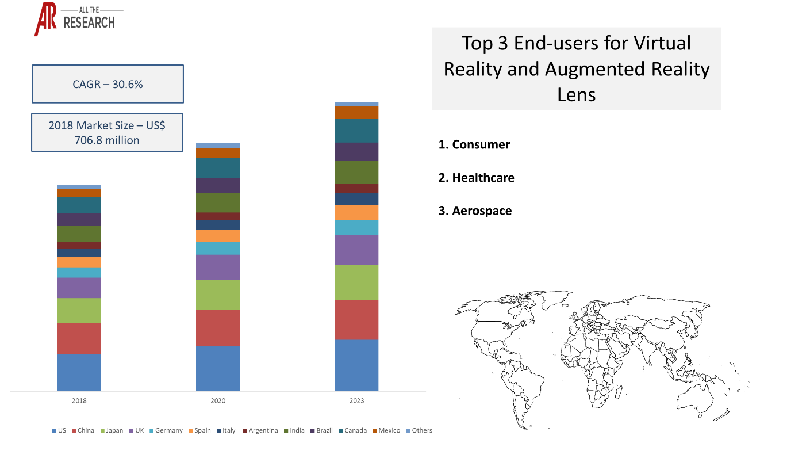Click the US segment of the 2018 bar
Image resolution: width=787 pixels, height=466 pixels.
79,372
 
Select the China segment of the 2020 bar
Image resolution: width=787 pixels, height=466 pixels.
218,327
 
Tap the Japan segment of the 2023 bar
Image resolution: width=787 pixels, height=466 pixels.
356,282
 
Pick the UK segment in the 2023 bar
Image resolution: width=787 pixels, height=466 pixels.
356,249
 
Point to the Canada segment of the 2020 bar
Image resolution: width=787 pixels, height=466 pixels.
218,168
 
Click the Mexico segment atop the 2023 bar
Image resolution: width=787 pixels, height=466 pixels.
356,112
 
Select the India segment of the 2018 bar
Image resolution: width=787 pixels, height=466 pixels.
79,234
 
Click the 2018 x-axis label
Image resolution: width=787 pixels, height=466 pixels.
79,400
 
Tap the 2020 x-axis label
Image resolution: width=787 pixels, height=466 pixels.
218,400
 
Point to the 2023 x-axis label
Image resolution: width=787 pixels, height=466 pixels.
356,400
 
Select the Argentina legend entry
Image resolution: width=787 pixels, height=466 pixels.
260,430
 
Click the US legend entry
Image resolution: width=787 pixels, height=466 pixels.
59,430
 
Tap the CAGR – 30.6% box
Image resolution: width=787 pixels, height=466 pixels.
108,84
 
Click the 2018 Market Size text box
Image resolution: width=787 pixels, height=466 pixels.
107,132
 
